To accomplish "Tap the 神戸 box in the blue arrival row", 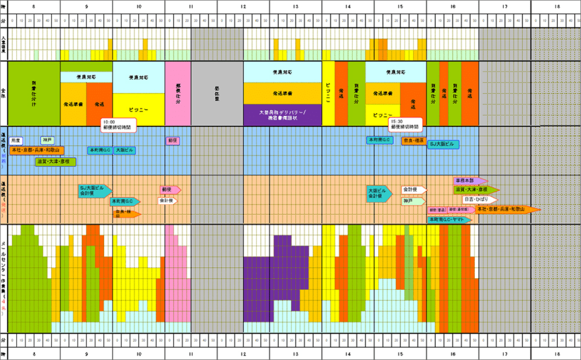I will (48, 140).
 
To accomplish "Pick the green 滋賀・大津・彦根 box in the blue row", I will (53, 161).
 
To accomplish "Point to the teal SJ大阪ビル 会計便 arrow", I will (94, 191).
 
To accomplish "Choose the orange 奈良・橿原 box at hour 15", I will (413, 141).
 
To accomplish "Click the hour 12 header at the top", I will (243, 6).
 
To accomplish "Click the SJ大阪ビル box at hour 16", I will (443, 144).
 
